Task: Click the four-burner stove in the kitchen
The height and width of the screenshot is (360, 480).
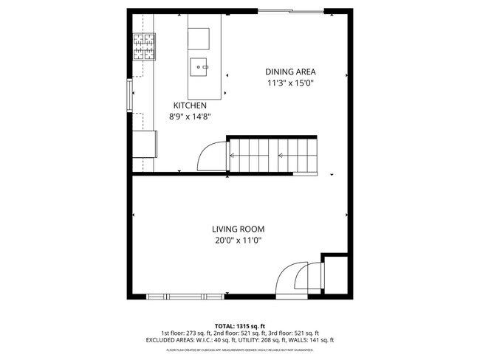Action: coord(143,46)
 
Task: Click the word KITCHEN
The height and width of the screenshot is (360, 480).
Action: coord(190,105)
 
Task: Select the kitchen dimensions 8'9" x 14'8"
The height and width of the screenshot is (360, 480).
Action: coord(190,117)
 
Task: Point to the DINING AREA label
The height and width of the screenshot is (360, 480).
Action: coord(291,72)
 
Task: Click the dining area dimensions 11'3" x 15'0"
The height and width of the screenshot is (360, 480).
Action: coord(291,83)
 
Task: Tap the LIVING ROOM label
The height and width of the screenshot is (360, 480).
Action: coord(238,229)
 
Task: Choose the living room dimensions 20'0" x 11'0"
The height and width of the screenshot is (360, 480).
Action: coord(238,240)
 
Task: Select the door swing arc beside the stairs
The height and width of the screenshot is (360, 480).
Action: coord(211,156)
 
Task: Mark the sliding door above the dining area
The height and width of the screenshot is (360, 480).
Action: coord(290,10)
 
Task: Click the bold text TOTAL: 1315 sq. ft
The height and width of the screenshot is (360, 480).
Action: coord(239,325)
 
